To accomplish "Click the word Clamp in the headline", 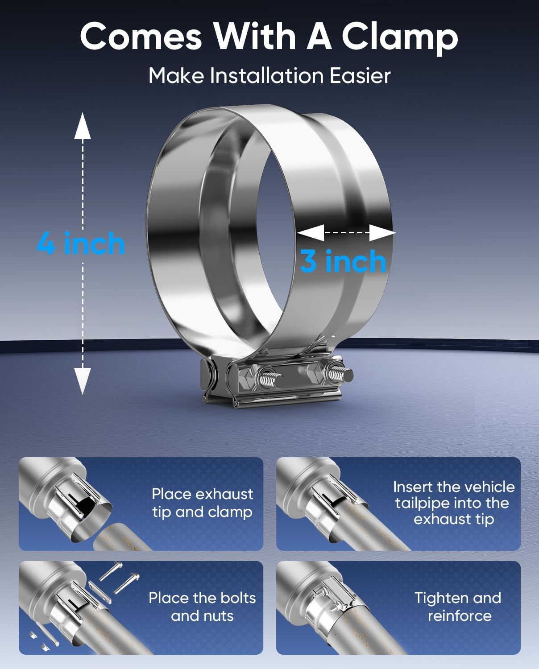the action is (400, 37).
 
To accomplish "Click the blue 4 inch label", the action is (81, 244).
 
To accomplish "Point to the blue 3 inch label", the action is (343, 261).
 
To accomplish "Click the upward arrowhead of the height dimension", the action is (83, 126).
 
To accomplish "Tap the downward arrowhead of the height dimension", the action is (83, 381).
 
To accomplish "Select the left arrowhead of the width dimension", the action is (311, 232).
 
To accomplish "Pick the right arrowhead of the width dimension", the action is (382, 232).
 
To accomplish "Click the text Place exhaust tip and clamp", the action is (203, 503).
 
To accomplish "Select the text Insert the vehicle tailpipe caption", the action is (454, 503).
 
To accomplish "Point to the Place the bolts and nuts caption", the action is (202, 607).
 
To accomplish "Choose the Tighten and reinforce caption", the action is (458, 607).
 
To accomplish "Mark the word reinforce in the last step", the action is (460, 616).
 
